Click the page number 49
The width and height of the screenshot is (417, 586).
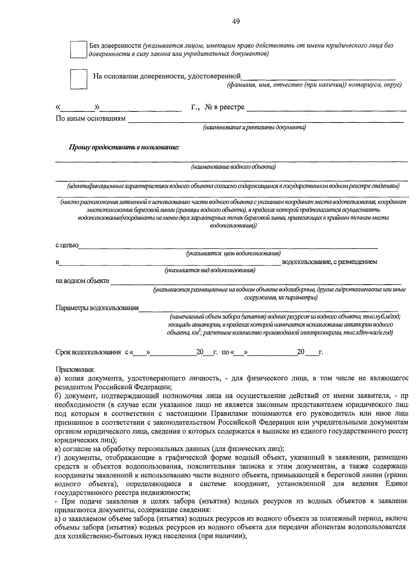click(x=236, y=22)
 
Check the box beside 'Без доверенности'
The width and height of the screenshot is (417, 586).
click(x=78, y=49)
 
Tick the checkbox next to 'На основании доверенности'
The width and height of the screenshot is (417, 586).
click(x=78, y=79)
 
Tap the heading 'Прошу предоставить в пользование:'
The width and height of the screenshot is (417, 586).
click(x=124, y=147)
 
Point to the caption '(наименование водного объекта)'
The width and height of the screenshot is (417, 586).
click(x=233, y=167)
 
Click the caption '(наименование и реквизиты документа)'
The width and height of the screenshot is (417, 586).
click(x=254, y=127)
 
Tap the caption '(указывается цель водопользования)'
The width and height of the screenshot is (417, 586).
click(x=234, y=253)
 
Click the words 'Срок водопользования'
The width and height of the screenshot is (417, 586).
click(x=88, y=352)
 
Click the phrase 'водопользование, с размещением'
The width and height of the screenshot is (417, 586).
click(x=330, y=262)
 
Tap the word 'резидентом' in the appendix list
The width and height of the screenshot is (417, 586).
click(x=73, y=387)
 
